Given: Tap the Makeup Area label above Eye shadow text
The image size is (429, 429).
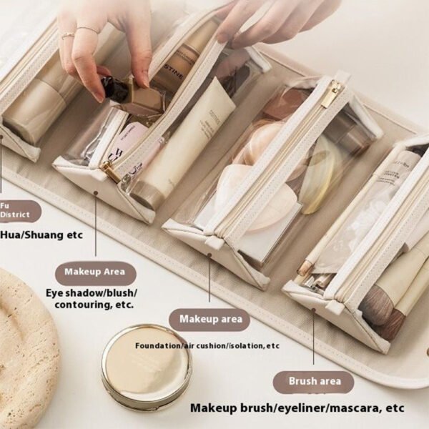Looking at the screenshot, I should tap(95, 272).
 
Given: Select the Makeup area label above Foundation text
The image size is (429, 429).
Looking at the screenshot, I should tap(209, 319).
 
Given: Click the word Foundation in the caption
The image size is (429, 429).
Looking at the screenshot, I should tap(159, 346).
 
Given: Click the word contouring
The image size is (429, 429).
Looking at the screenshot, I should tap(78, 305).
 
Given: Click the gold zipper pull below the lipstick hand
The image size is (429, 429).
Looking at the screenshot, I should tap(110, 172).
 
